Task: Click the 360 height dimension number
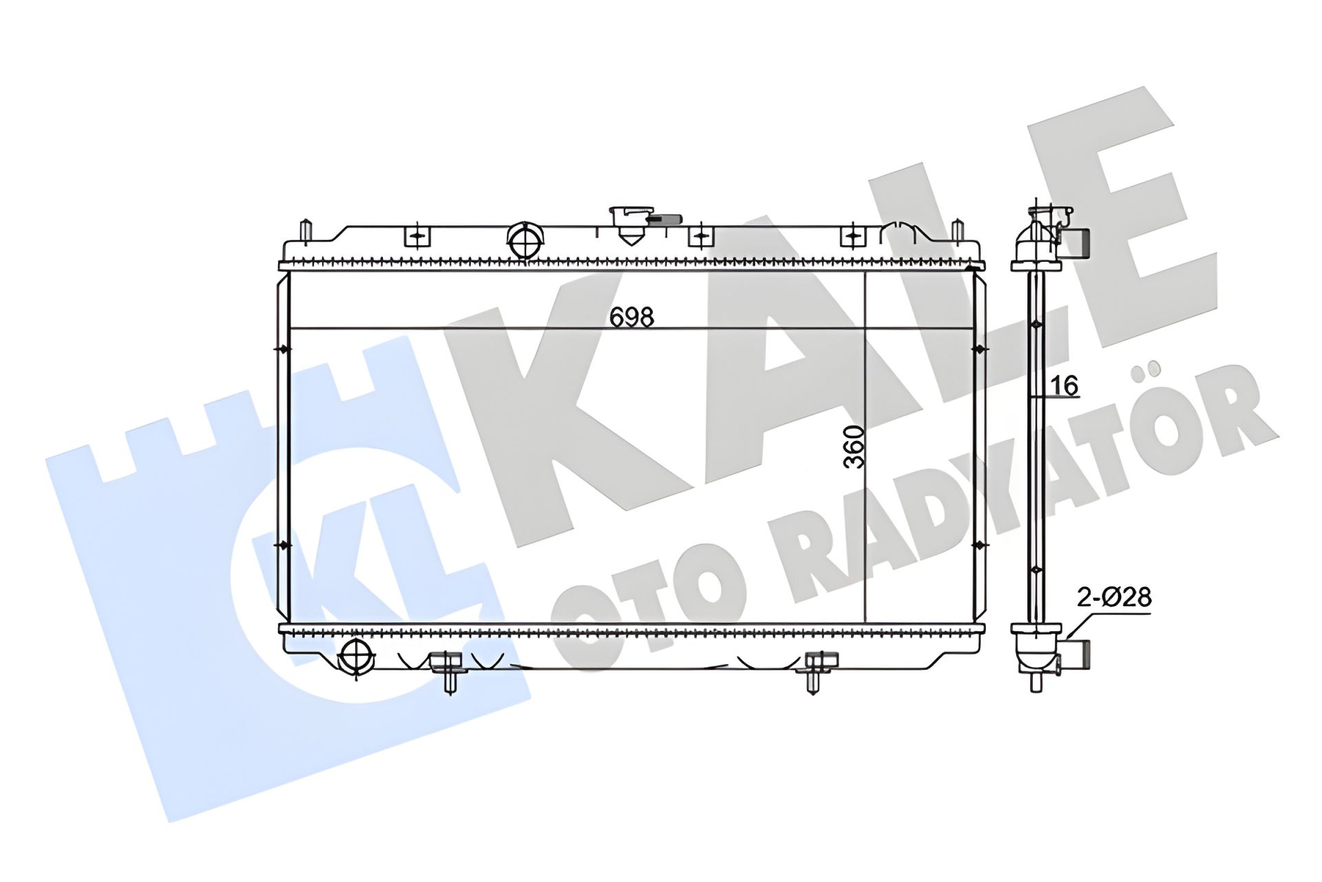tap(854, 447)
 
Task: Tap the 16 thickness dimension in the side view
tap(1065, 386)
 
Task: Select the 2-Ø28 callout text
tap(1114, 597)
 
